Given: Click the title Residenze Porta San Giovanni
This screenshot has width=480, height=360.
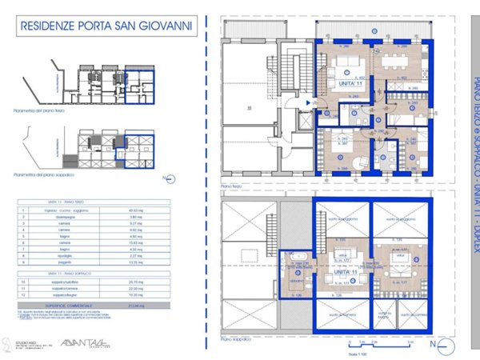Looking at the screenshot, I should coord(106,26).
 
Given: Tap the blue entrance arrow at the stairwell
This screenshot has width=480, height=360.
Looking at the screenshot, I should coord(309,103).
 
